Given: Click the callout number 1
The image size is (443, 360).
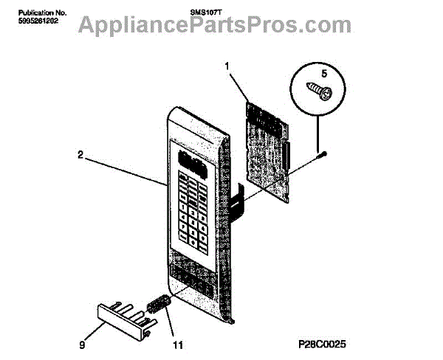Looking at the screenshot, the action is [227, 66].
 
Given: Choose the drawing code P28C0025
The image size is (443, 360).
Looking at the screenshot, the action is [323, 344].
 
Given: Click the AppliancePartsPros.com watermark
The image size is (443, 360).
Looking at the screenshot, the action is [221, 27].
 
